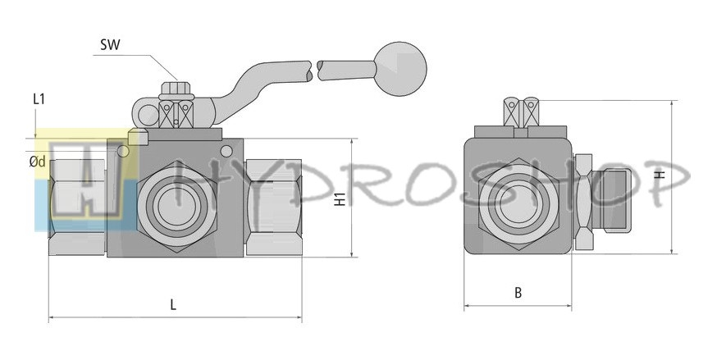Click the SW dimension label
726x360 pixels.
(110, 45)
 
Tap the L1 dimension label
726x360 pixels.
(39, 98)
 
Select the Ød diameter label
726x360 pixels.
(37, 162)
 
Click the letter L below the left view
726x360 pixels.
(173, 304)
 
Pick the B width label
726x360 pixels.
(518, 293)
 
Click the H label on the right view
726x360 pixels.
(662, 175)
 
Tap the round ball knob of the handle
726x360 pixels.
(400, 69)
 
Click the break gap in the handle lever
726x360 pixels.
(314, 71)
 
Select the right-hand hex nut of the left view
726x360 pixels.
(274, 207)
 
